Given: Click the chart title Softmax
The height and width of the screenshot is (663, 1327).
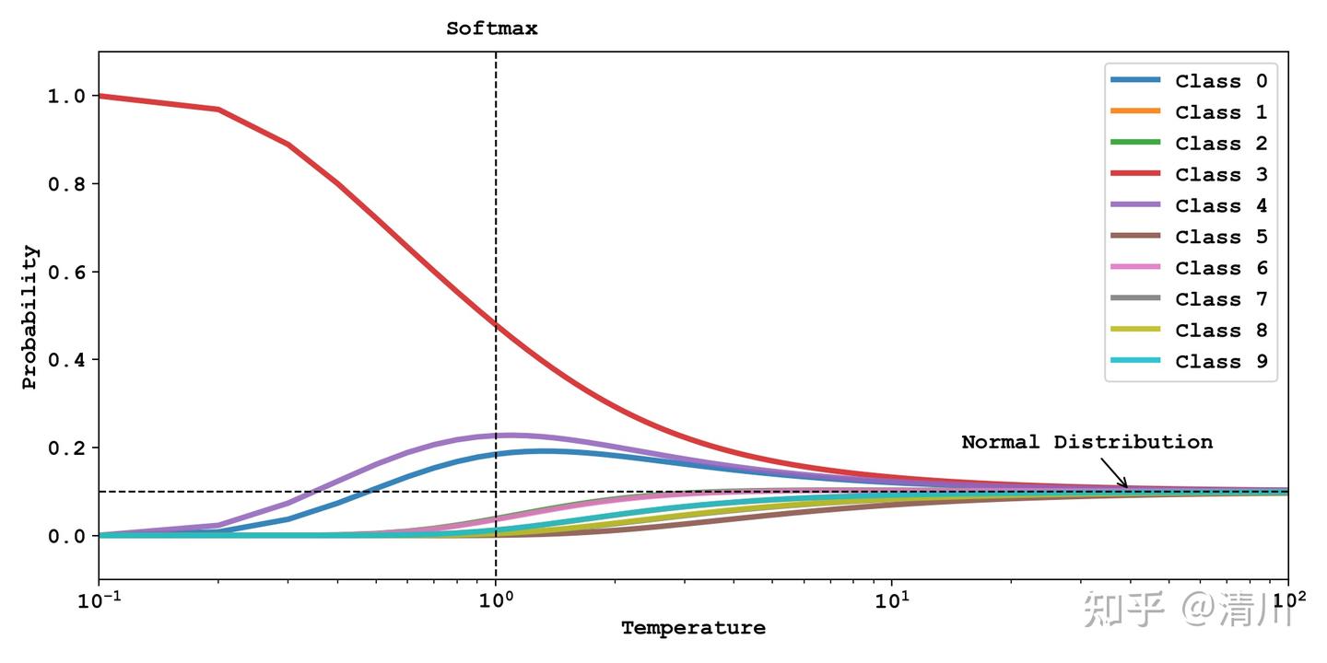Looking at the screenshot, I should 492,29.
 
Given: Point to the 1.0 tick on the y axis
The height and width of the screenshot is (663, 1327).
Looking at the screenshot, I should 66,96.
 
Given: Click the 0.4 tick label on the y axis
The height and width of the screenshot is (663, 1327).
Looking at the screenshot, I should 66,360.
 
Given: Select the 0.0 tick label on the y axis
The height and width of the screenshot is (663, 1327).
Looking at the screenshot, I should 66,536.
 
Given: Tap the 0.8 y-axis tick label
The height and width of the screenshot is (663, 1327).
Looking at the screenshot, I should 66,184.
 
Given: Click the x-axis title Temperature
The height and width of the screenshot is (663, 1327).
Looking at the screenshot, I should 693,629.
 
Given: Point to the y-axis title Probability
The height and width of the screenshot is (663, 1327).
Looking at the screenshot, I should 29,317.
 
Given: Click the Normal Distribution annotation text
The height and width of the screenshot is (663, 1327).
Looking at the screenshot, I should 1086,442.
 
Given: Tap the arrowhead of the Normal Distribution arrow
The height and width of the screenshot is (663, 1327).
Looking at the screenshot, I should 1126,486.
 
